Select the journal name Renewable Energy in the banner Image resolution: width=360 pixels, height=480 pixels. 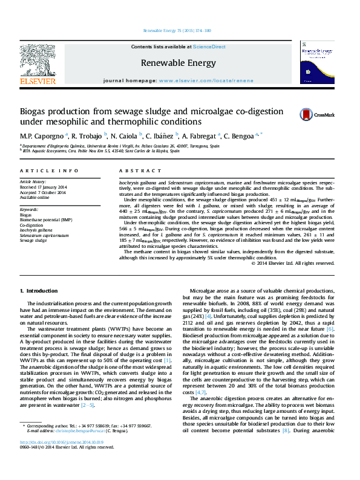pyautogui.click(x=178, y=63)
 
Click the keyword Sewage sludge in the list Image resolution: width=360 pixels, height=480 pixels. pyautogui.click(x=33, y=240)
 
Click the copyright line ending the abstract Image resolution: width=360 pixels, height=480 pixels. pyautogui.click(x=293, y=263)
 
